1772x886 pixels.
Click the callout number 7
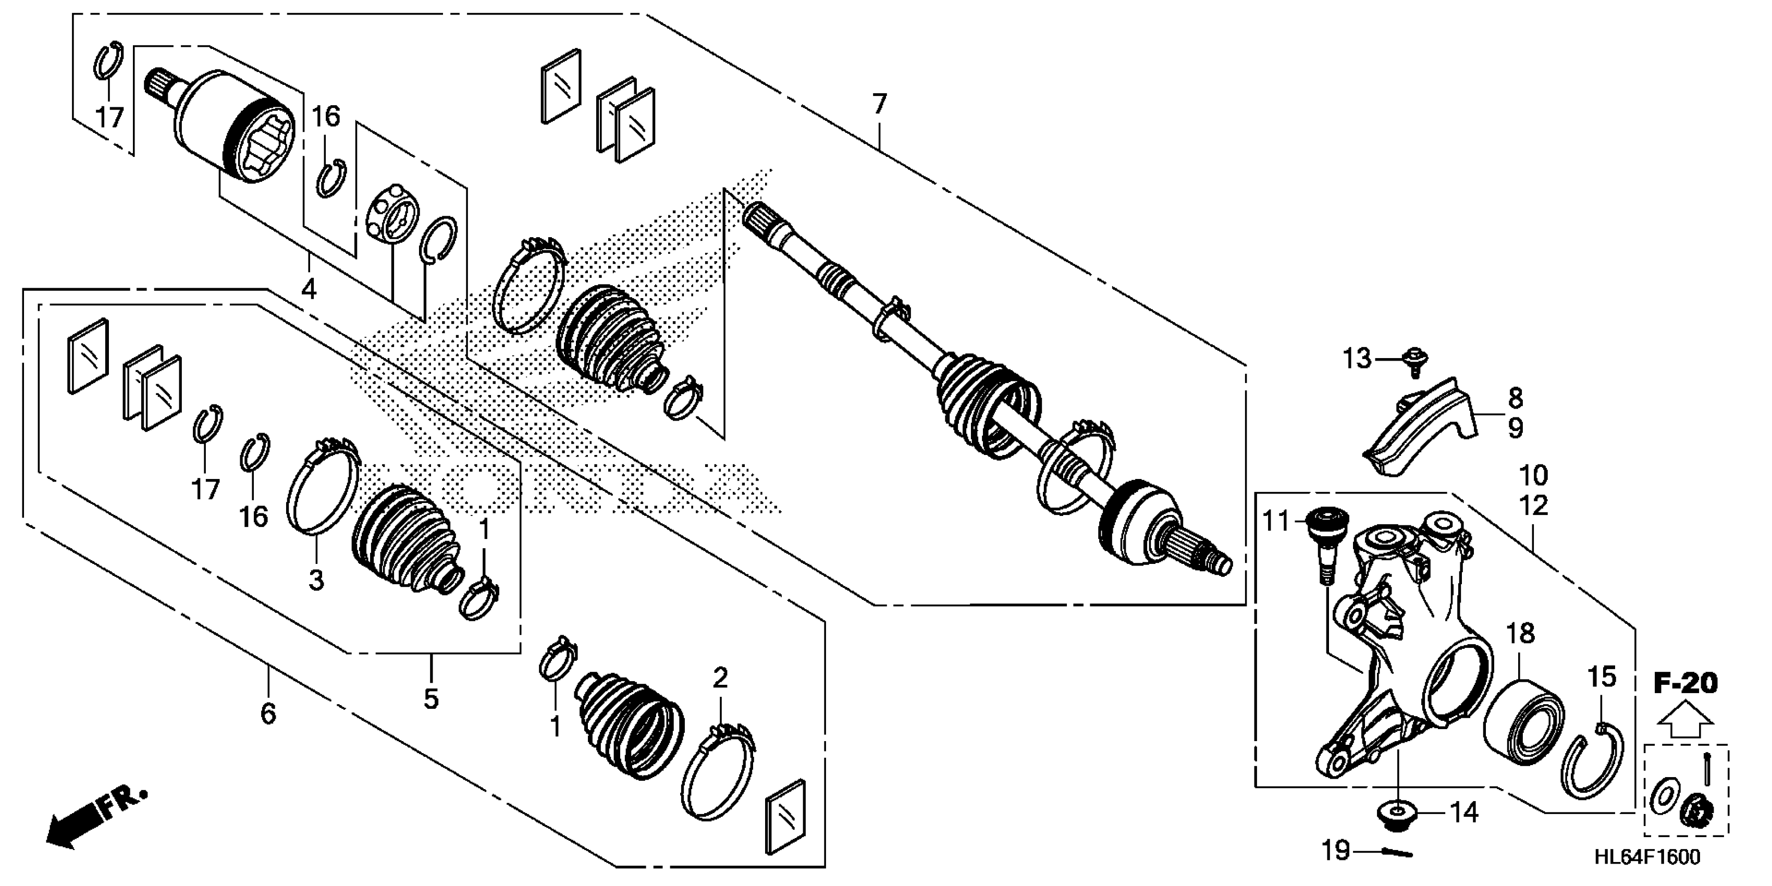[x=879, y=105]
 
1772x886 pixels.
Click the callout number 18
[x=1520, y=634]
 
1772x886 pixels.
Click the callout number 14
[x=1464, y=813]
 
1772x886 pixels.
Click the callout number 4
[x=309, y=289]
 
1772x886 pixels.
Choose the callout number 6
[x=267, y=714]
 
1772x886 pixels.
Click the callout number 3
[x=316, y=580]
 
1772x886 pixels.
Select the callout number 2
[x=720, y=678]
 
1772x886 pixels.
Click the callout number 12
[x=1533, y=506]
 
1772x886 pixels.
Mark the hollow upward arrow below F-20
[x=1684, y=720]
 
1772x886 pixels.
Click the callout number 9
[x=1516, y=428]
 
